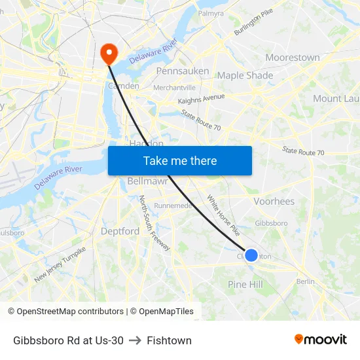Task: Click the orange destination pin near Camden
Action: click(x=107, y=52)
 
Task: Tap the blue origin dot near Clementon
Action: click(x=251, y=255)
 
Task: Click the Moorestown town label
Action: click(x=292, y=58)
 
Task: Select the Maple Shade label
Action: click(x=245, y=75)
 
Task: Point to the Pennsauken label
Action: click(x=183, y=71)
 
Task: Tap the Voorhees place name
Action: click(x=274, y=202)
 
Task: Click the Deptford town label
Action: click(x=120, y=231)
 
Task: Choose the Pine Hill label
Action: click(x=245, y=284)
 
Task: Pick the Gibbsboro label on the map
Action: click(x=271, y=223)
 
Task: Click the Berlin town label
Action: click(x=305, y=281)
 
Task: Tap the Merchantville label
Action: click(x=174, y=88)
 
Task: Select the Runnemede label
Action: click(x=173, y=205)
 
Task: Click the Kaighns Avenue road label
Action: click(x=201, y=99)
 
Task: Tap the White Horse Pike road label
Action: click(x=223, y=215)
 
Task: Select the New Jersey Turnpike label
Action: click(x=60, y=264)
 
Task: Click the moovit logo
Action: click(x=321, y=340)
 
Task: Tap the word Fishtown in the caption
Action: click(x=169, y=340)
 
